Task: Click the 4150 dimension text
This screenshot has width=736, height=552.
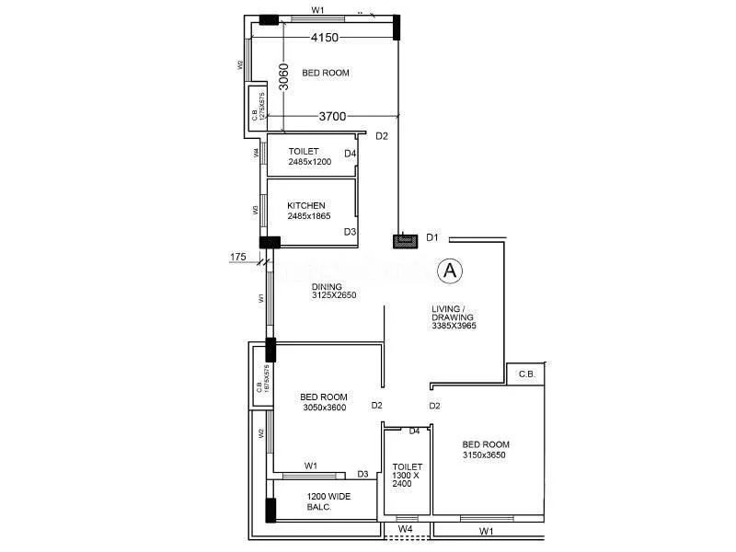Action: [326, 38]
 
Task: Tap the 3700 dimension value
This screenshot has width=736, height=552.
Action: [332, 117]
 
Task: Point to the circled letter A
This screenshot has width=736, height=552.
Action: [450, 270]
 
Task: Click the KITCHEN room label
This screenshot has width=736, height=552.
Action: [305, 205]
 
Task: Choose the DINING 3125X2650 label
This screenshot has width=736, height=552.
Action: [333, 291]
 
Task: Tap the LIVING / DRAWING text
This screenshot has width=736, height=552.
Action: [454, 315]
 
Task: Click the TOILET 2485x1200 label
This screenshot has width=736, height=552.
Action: [309, 156]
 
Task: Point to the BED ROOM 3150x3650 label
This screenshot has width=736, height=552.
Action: [484, 449]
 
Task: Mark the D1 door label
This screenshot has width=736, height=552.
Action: [432, 238]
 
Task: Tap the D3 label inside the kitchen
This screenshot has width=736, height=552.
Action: [350, 232]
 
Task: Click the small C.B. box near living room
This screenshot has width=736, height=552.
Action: [526, 374]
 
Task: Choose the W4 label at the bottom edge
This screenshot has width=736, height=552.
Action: [405, 529]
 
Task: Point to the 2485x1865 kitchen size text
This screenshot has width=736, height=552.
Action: [309, 216]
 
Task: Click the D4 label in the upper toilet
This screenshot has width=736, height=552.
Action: [350, 153]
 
